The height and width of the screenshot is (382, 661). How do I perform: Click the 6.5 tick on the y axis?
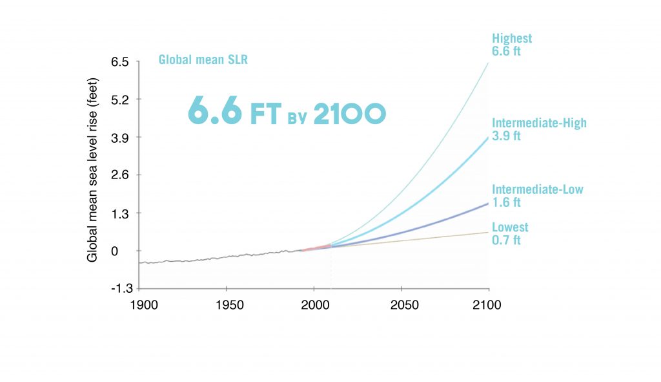point(121,62)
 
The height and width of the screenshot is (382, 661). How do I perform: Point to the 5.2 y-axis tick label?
point(121,100)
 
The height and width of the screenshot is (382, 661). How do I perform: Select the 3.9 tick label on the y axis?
point(121,138)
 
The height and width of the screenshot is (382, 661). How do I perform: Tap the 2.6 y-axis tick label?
point(121,175)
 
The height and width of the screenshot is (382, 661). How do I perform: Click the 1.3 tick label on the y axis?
point(121,213)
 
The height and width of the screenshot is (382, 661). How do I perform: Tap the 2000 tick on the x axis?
point(314,304)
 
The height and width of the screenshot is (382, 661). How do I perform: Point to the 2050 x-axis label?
point(402,304)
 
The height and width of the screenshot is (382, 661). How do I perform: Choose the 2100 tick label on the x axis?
point(487,304)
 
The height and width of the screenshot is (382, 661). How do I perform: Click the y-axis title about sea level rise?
point(92,174)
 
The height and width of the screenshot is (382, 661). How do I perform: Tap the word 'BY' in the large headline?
point(294,118)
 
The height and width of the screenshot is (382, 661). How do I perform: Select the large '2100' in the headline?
point(349,113)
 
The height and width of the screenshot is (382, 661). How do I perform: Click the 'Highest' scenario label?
point(512,39)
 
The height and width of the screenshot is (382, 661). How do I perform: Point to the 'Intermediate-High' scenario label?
point(539,123)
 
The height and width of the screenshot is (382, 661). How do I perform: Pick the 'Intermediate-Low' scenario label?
point(537,189)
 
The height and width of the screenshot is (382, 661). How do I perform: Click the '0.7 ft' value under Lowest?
point(506,240)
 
